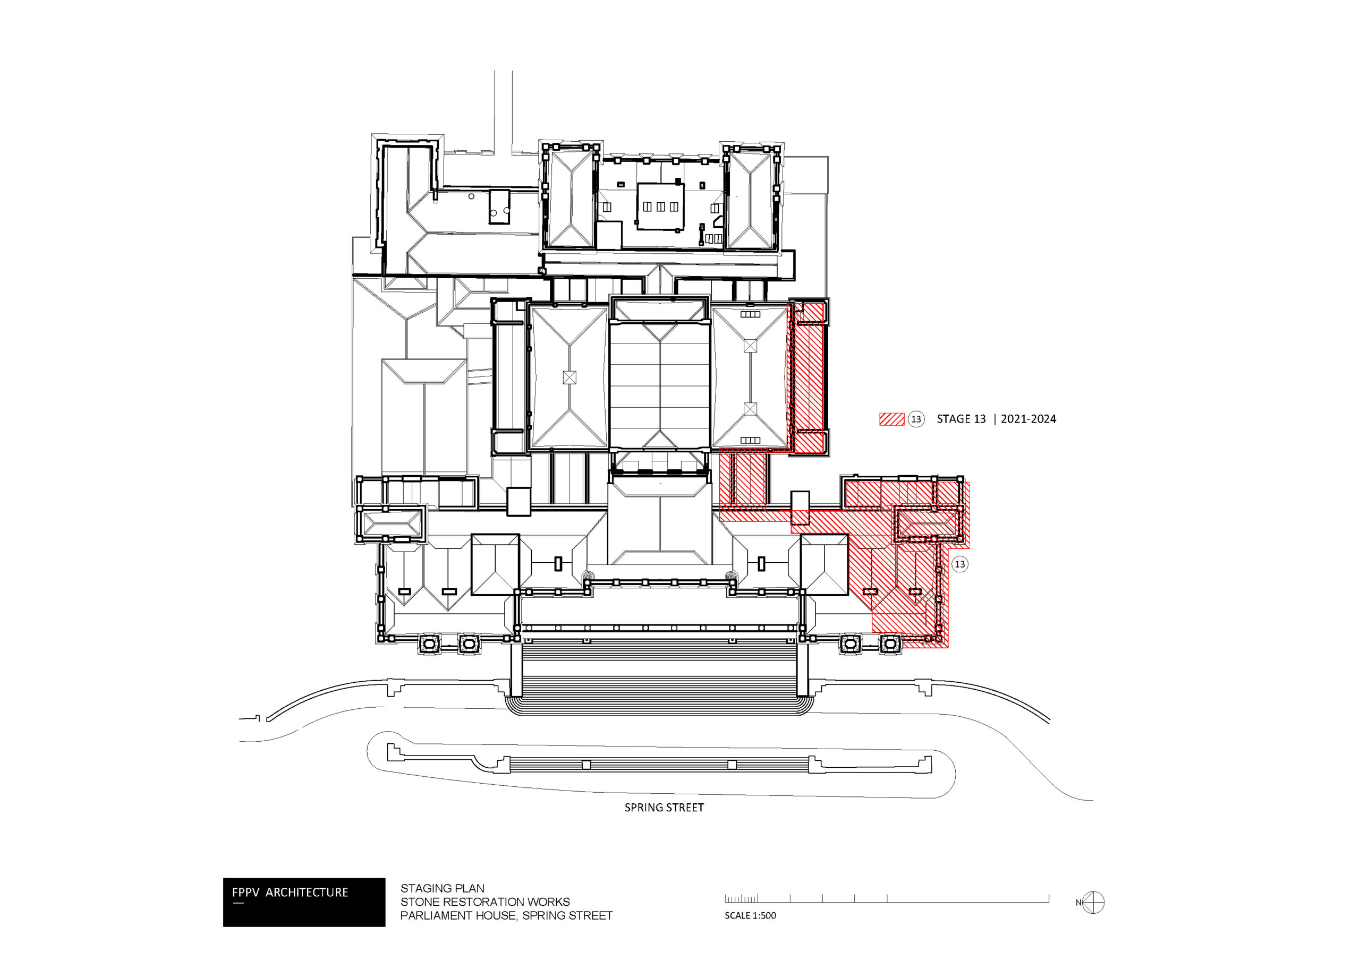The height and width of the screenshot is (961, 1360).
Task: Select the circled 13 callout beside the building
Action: (x=959, y=564)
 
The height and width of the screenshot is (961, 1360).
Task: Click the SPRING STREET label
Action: (x=664, y=808)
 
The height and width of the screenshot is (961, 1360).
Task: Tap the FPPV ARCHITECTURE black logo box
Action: (x=304, y=902)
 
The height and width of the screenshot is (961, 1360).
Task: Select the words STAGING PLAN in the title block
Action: (x=442, y=888)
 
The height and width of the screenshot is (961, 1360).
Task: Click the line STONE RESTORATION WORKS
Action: (x=484, y=902)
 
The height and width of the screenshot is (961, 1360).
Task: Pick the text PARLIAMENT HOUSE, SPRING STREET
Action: (x=506, y=915)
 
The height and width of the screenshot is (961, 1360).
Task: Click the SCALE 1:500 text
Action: (x=750, y=915)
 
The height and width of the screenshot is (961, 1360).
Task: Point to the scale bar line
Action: (x=887, y=902)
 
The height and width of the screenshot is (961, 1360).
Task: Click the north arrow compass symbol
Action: (x=1093, y=903)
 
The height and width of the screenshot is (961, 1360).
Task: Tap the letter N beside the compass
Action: (x=1078, y=903)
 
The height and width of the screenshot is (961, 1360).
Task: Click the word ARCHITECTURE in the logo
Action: (x=307, y=893)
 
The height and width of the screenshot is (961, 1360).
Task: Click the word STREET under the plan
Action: (x=684, y=808)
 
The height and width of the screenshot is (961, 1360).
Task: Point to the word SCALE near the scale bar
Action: (x=737, y=915)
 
